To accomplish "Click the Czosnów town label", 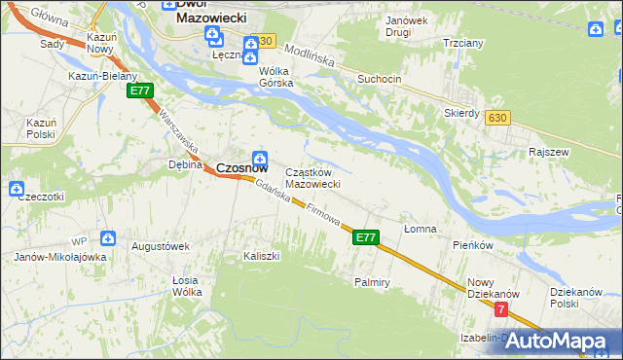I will point(241,167).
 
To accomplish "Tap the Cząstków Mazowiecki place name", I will point(311,178).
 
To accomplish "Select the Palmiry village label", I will point(372,282).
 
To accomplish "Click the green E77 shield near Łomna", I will point(365,236).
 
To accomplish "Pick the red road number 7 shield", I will point(501,309).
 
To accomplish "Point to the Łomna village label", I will point(420,229).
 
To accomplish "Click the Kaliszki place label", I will point(261,256).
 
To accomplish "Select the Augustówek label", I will point(161,246).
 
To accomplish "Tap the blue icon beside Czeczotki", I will point(17,188).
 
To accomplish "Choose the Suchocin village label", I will point(379,79).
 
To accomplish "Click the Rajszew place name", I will point(548,153).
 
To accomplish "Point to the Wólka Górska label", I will point(275,77).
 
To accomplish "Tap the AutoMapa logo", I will point(559,341).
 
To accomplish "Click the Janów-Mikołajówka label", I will point(60,258).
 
